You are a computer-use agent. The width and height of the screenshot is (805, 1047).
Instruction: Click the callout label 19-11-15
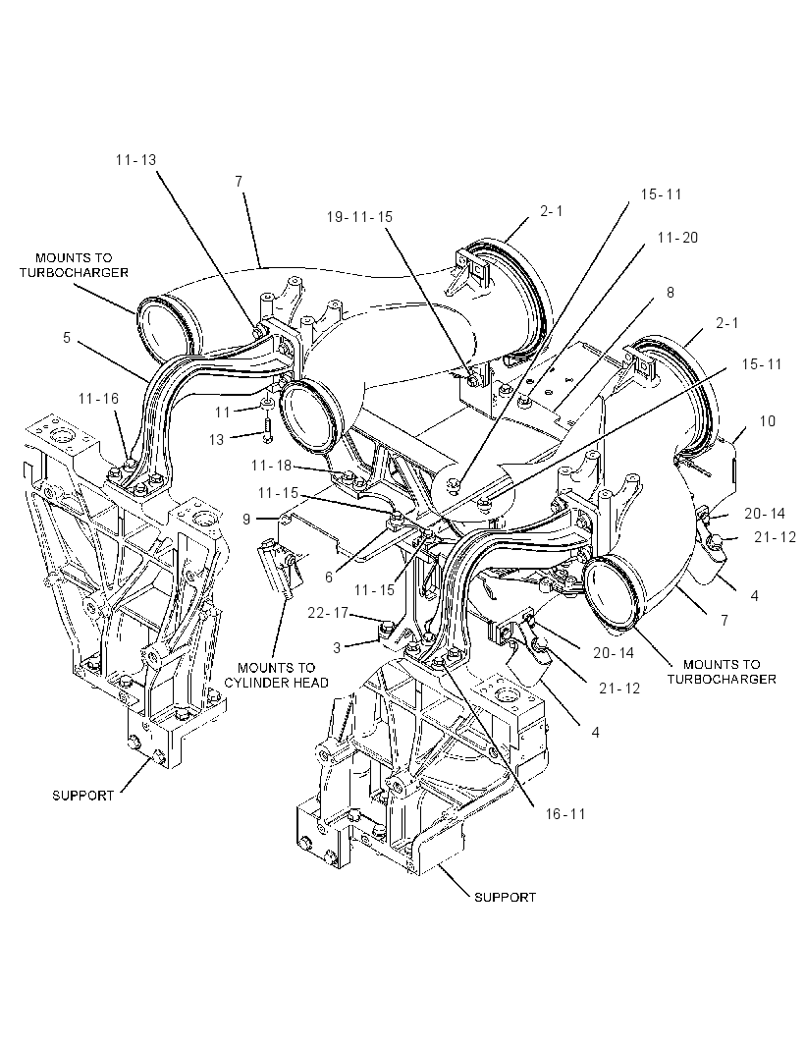[359, 217]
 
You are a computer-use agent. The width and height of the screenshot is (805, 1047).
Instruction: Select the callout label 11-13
[135, 159]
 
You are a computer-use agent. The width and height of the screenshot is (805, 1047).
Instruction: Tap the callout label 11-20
[677, 238]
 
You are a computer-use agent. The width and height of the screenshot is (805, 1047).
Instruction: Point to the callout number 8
[671, 293]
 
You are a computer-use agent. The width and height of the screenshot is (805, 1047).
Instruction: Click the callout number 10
[768, 421]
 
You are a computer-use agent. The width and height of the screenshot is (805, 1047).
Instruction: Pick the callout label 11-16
[98, 399]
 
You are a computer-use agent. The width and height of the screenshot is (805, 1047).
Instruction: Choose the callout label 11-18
[272, 466]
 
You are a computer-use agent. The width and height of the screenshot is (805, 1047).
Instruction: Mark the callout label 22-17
[328, 612]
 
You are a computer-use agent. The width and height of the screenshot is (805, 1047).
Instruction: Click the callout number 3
[337, 647]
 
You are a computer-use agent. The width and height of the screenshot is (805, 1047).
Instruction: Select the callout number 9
[246, 519]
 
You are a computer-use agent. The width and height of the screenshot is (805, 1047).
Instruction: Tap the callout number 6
[329, 577]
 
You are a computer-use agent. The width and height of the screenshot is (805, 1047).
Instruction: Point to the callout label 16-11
[565, 814]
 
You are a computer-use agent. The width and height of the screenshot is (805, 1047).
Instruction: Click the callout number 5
[67, 338]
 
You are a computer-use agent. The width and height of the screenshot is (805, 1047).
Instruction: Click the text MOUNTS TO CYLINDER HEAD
[276, 675]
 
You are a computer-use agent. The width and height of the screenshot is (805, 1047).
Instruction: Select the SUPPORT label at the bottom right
[505, 898]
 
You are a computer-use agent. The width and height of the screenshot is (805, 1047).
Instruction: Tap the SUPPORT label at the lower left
[83, 796]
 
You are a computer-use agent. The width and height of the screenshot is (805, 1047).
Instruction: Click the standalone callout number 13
[216, 439]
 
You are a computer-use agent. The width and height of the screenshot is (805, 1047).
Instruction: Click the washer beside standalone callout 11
[266, 405]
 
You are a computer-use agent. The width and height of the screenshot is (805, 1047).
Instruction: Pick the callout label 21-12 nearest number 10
[776, 537]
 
